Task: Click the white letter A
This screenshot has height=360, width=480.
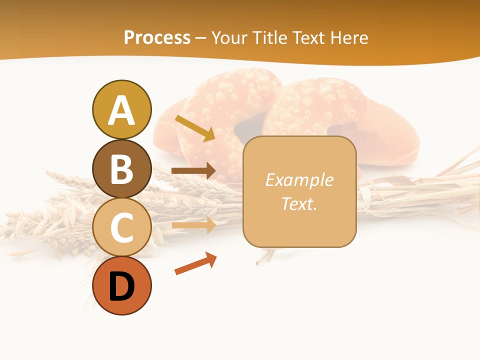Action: pos(121,110)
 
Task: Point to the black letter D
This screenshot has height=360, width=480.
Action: pos(121,287)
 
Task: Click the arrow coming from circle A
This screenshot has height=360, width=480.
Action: pos(195,128)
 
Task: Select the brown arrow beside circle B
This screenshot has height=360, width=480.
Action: pos(193,170)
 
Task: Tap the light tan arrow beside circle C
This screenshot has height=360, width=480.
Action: pos(193,225)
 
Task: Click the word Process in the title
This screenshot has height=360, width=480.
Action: pos(157,37)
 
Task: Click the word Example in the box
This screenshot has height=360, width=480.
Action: pos(299,180)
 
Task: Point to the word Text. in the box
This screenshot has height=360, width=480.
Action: pos(299,203)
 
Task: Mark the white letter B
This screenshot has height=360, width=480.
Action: pos(121,169)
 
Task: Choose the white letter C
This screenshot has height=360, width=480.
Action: pos(121,228)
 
